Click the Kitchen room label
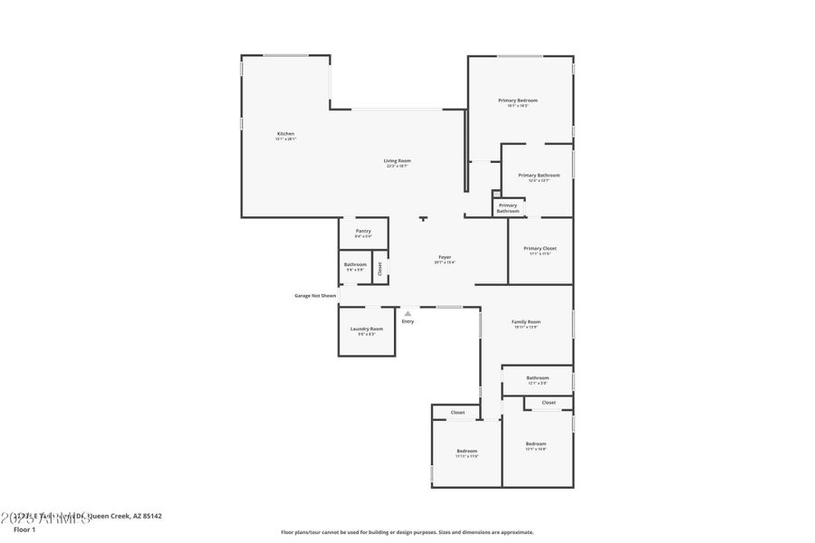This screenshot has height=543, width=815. click(285, 134)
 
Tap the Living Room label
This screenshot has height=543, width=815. click(397, 160)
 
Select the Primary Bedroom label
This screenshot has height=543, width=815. click(518, 100)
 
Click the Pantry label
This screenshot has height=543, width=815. click(363, 231)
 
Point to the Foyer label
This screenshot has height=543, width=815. click(445, 257)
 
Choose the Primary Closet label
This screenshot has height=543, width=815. click(540, 248)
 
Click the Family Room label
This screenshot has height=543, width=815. click(526, 321)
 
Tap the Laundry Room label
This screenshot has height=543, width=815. click(367, 329)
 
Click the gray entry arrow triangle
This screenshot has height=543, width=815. click(407, 313)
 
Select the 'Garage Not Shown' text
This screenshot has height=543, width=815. click(314, 295)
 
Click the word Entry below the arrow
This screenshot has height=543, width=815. click(407, 321)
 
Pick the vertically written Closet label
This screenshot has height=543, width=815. click(380, 269)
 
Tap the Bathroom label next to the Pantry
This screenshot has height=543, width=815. click(355, 264)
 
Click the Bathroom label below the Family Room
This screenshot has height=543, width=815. click(538, 377)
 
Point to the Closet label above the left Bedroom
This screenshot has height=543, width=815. click(457, 412)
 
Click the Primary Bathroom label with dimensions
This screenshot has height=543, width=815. click(539, 175)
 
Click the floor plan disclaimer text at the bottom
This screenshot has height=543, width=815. click(407, 532)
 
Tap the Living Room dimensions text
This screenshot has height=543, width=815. click(397, 167)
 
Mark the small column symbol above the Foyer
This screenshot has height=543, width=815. click(423, 219)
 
